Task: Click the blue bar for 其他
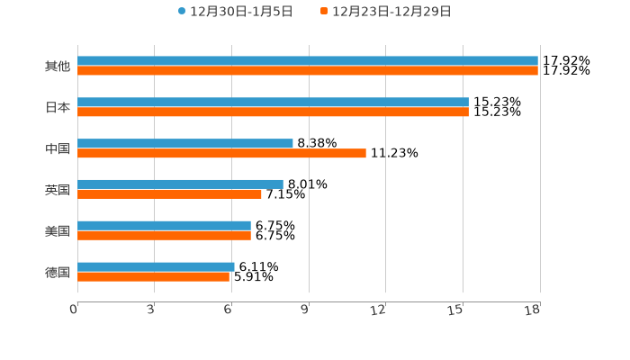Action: click(308, 61)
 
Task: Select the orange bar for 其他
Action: click(308, 71)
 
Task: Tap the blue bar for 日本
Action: click(273, 103)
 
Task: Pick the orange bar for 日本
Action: click(273, 112)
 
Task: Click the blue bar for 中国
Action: click(185, 144)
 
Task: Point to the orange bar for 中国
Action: click(221, 154)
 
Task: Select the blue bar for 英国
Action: click(180, 184)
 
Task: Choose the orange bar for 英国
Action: click(169, 194)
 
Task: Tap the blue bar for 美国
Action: click(164, 226)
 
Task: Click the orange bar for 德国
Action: click(153, 277)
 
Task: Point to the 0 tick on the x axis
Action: click(75, 310)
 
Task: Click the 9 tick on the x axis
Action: click(306, 310)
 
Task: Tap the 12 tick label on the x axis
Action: click(379, 310)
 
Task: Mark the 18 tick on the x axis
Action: click(534, 310)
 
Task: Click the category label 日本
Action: click(58, 108)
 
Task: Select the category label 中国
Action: click(58, 148)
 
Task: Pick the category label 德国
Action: click(58, 272)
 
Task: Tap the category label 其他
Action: click(58, 67)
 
